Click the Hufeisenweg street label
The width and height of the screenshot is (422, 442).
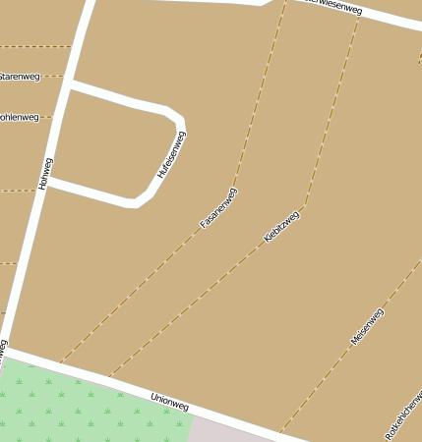(171, 155)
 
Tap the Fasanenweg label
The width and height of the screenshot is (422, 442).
(218, 207)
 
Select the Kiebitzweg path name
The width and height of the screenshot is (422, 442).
(282, 226)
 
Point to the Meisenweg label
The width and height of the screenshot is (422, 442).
(367, 326)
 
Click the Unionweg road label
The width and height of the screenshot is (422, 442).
(169, 402)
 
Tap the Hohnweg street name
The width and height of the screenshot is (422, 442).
(44, 173)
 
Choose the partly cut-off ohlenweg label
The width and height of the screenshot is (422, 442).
(19, 117)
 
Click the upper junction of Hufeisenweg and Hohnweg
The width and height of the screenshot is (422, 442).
(70, 87)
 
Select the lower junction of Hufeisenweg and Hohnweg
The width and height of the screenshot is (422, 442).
(49, 182)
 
